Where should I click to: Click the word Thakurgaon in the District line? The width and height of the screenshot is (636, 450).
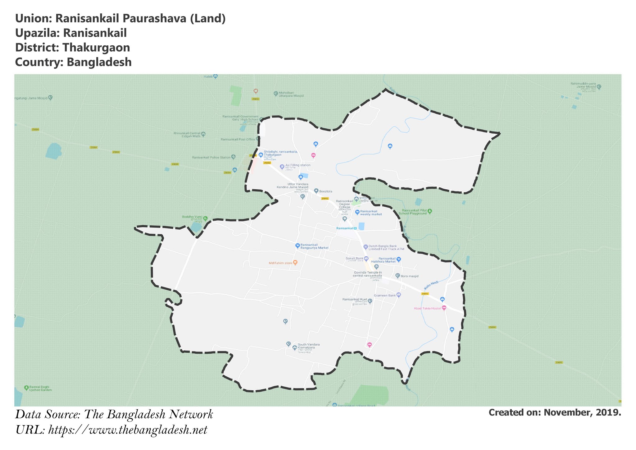96,48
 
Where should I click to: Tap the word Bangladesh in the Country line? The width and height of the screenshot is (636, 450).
99,62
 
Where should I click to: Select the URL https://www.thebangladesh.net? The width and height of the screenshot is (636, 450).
128,430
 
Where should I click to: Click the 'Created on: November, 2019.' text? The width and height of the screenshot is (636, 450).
555,412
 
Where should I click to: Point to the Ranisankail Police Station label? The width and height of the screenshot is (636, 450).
211,158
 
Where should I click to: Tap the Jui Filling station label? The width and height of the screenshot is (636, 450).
298,165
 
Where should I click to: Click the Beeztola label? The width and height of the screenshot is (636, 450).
325,191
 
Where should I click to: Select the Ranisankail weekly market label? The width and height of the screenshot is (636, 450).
371,213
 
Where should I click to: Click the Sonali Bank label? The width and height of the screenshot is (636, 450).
354,258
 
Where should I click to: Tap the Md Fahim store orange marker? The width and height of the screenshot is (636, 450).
295,263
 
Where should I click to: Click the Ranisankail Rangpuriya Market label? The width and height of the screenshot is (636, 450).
314,246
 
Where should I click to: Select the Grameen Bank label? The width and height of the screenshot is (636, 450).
384,295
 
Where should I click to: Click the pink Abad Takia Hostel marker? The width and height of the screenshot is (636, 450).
444,308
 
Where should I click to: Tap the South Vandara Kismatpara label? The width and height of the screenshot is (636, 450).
308,346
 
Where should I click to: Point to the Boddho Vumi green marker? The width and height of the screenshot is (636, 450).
205,218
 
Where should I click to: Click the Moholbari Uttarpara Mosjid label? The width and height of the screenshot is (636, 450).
291,94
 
